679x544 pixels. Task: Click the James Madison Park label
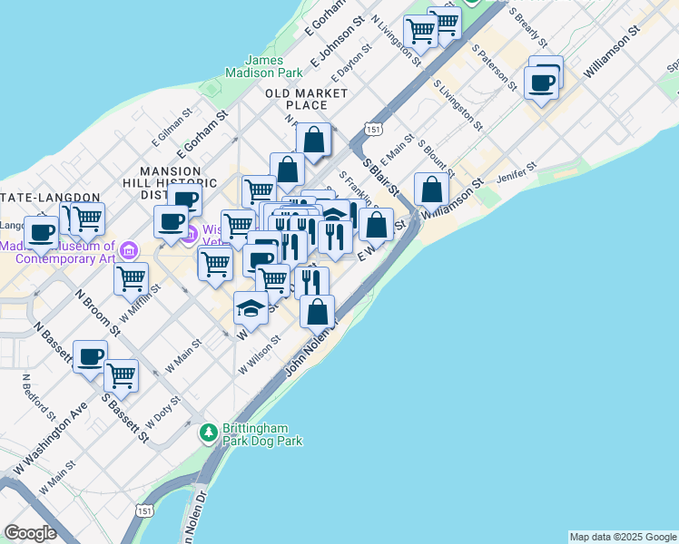pos(264,66)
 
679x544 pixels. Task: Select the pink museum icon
pos(129,249)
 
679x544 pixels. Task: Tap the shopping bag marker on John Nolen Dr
pos(317,312)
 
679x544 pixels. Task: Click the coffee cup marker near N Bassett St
pos(89,356)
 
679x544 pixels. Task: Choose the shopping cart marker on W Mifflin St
pos(132,278)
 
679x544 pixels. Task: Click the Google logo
pos(30,533)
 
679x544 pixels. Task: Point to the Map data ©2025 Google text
pos(623,537)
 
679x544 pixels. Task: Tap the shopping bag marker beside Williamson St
pos(432,189)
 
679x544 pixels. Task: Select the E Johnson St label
pos(330,50)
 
